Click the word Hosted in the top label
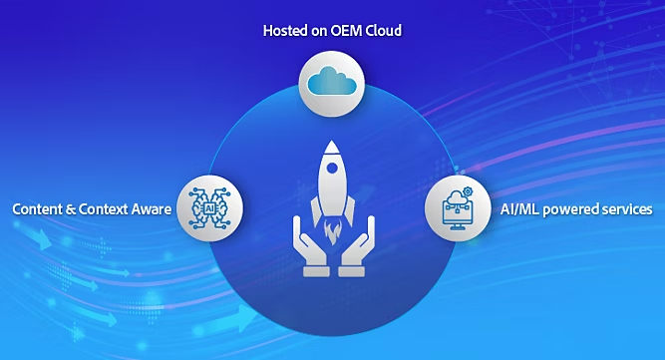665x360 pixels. [x=285, y=31]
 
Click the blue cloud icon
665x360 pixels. [x=332, y=82]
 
